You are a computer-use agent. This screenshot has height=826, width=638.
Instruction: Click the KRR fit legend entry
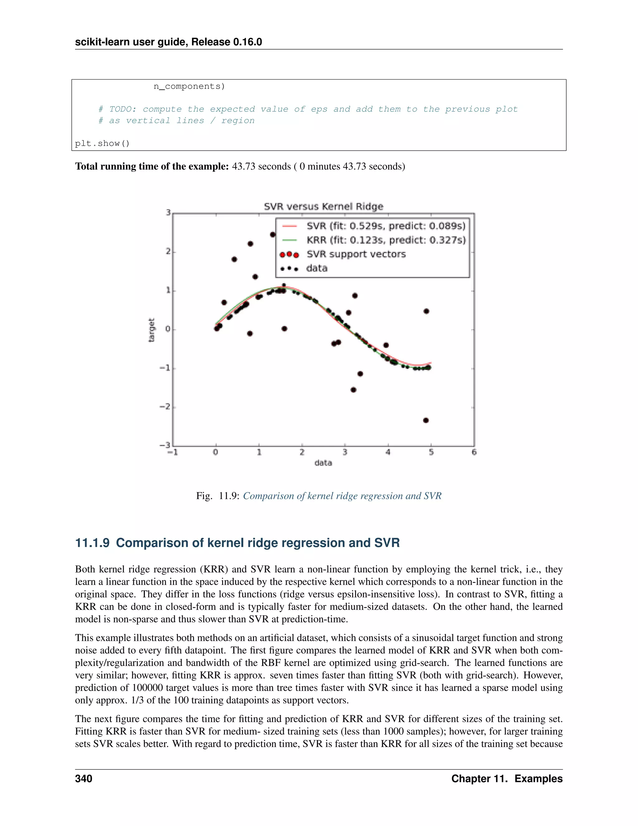point(386,240)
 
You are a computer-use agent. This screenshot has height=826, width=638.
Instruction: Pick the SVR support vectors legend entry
point(356,254)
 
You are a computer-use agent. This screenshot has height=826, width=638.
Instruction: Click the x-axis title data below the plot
point(323,463)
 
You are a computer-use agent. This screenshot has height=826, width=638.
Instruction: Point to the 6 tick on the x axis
point(474,452)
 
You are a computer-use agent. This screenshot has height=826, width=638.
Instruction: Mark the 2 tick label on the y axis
point(168,252)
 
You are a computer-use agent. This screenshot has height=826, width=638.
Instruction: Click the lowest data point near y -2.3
point(426,420)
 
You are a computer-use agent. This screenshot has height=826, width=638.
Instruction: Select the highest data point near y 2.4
point(273,234)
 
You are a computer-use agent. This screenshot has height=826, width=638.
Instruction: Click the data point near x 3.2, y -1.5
point(353,390)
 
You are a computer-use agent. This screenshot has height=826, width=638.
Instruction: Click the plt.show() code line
point(102,143)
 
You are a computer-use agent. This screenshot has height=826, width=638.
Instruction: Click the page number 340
point(83,778)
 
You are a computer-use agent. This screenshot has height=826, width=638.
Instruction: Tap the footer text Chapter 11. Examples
point(507,778)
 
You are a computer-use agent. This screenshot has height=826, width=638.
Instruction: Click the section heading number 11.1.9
point(92,543)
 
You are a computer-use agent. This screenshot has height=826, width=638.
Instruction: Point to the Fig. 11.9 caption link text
point(342,496)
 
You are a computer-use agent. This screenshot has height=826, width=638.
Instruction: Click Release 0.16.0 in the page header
point(226,42)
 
